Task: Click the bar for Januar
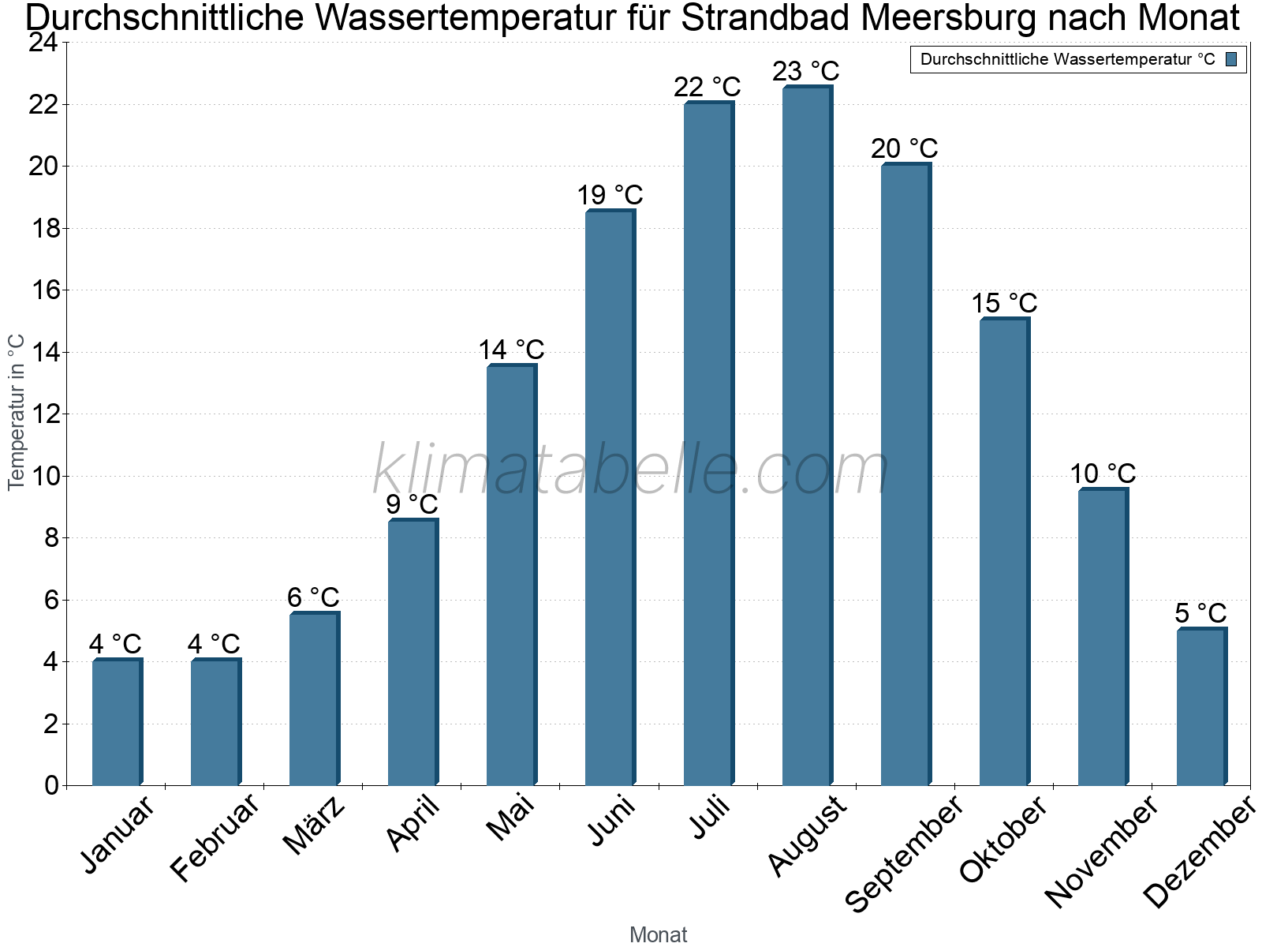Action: click(x=117, y=722)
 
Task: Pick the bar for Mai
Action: click(x=511, y=575)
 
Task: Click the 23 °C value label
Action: click(x=805, y=71)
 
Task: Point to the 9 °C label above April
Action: click(x=412, y=504)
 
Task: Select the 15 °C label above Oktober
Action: click(x=1003, y=303)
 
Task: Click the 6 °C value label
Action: click(x=313, y=597)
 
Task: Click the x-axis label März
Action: click(x=315, y=825)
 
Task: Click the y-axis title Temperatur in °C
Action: click(x=17, y=412)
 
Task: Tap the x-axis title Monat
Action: click(x=658, y=935)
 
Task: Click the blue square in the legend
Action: click(x=1231, y=59)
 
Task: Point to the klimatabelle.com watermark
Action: click(x=631, y=470)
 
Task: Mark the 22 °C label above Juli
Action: click(x=707, y=87)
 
